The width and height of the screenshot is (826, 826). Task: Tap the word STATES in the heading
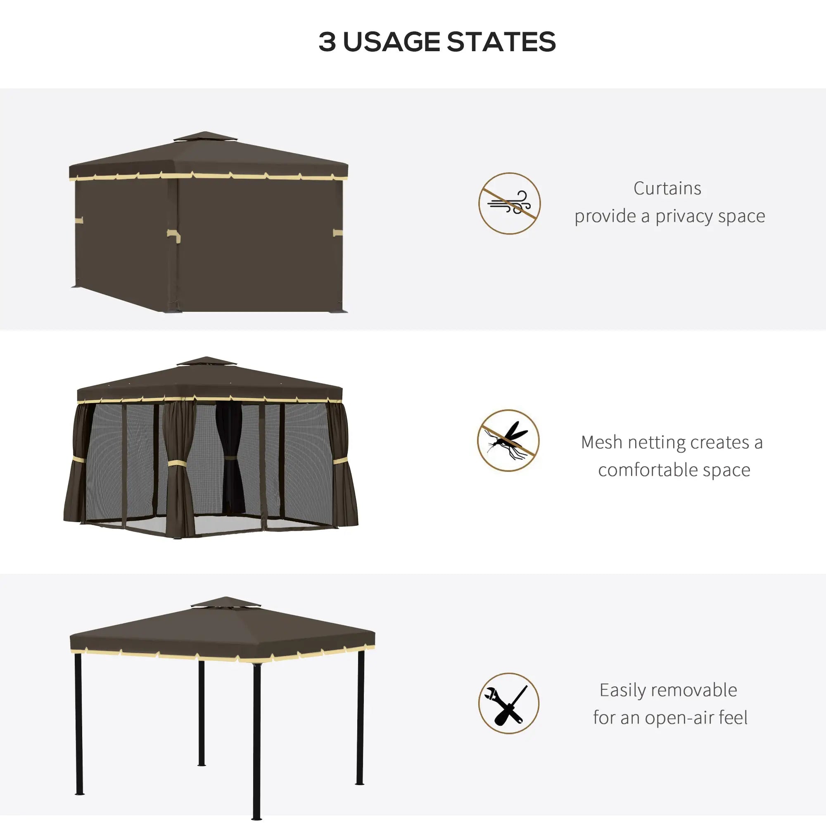(501, 42)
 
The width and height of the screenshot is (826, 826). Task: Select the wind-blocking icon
(509, 204)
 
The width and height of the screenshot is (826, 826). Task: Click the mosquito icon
(508, 440)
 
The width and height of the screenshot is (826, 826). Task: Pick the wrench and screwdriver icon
(508, 703)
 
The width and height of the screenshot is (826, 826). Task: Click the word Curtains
(667, 189)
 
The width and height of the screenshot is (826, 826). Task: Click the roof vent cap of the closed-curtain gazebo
(205, 137)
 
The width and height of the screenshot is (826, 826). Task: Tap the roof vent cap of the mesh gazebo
(206, 362)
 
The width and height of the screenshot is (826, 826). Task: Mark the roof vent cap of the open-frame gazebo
(226, 602)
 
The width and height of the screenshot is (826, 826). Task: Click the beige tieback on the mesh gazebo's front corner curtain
(179, 463)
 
